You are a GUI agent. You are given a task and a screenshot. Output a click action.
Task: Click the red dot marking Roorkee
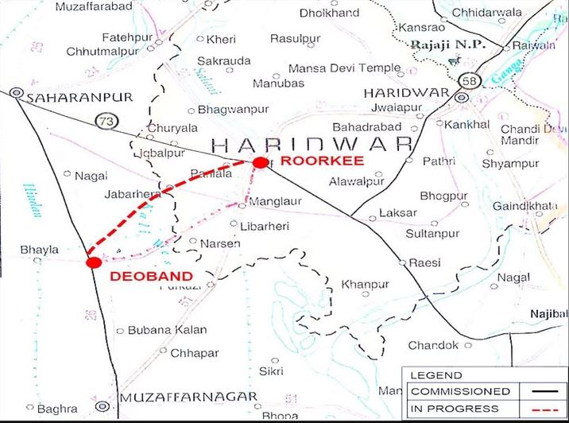click(x=260, y=162)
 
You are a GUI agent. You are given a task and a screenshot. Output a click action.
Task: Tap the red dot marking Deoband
click(x=93, y=262)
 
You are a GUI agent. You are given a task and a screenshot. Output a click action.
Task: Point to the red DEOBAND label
click(x=151, y=276)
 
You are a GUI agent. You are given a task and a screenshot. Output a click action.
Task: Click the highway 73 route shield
click(x=105, y=121)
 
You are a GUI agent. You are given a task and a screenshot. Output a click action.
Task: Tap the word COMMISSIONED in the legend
click(x=460, y=391)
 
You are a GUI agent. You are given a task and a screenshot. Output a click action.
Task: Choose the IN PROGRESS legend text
click(x=455, y=409)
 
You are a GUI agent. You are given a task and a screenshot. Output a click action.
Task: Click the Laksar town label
click(x=397, y=213)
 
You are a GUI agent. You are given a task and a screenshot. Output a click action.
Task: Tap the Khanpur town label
click(x=365, y=284)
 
